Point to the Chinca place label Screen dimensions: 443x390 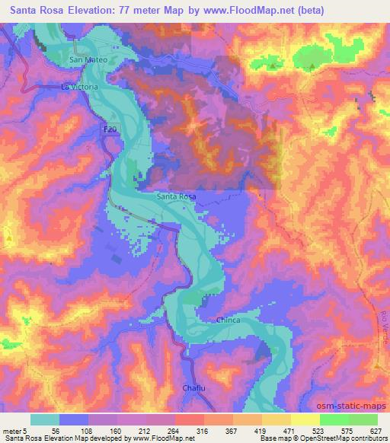[229, 320]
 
